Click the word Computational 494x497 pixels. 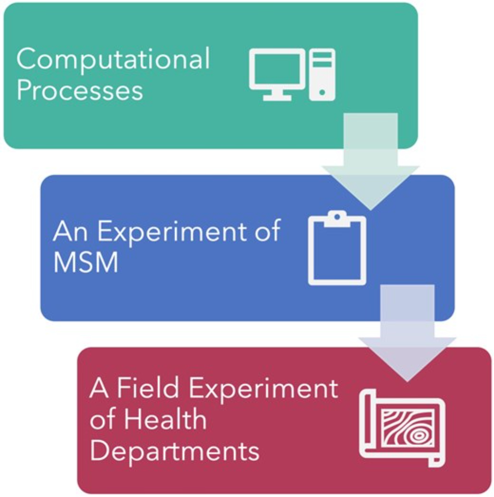(113, 59)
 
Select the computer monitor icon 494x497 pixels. (277, 70)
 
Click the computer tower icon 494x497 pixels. (322, 75)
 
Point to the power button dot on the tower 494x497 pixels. (322, 92)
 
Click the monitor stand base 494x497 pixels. (277, 98)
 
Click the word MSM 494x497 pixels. (86, 262)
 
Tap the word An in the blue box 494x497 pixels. (70, 231)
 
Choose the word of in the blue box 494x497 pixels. (268, 231)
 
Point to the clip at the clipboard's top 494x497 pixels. (337, 218)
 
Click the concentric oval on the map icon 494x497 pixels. (419, 436)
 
